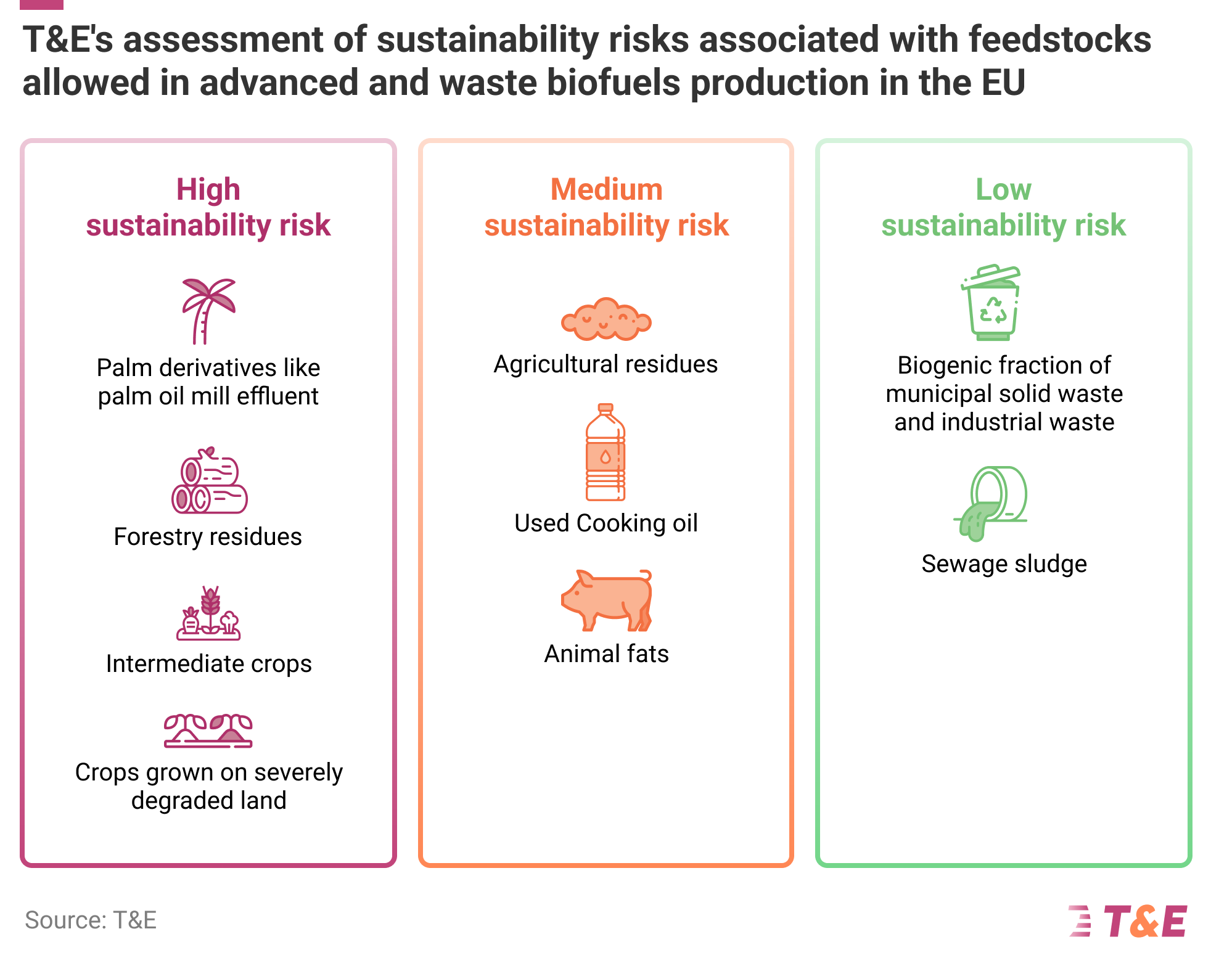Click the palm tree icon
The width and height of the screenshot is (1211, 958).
pyautogui.click(x=207, y=310)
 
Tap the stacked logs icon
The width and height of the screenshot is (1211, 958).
pyautogui.click(x=209, y=481)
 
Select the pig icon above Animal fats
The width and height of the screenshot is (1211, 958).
pyautogui.click(x=607, y=600)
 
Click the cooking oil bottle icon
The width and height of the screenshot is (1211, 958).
pyautogui.click(x=605, y=452)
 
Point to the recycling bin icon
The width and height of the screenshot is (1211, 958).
pyautogui.click(x=991, y=303)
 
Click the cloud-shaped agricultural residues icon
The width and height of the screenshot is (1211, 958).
pyautogui.click(x=605, y=319)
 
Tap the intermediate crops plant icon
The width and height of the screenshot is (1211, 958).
pyautogui.click(x=208, y=613)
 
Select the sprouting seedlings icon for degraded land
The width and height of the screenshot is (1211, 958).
pyautogui.click(x=208, y=731)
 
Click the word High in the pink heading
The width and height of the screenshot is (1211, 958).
pyautogui.click(x=208, y=189)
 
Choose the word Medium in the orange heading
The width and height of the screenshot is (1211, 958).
pyautogui.click(x=606, y=189)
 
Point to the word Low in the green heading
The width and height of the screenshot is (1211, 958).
pyautogui.click(x=1003, y=189)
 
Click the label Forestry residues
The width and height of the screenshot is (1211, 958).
pyautogui.click(x=208, y=537)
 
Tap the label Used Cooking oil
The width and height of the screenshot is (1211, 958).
pyautogui.click(x=606, y=523)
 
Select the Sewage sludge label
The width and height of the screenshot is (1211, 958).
pyautogui.click(x=1004, y=564)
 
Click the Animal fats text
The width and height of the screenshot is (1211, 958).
pyautogui.click(x=606, y=654)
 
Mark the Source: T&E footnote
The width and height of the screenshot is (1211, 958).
pyautogui.click(x=91, y=920)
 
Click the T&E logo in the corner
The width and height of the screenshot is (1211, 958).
pyautogui.click(x=1128, y=921)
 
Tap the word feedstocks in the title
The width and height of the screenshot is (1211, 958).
pyautogui.click(x=1059, y=39)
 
